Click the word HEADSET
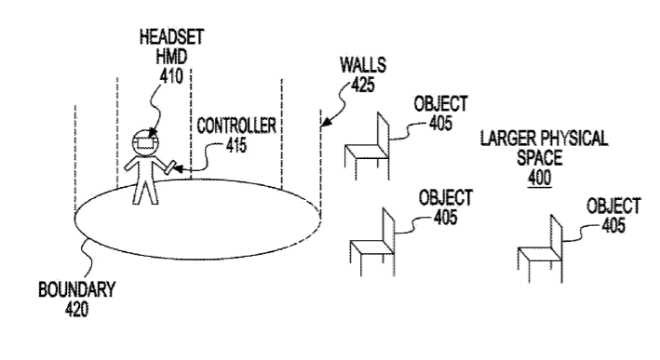click(x=171, y=37)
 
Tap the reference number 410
click(x=171, y=76)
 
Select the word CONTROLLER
click(x=236, y=126)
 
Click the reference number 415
click(x=236, y=145)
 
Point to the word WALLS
click(x=363, y=65)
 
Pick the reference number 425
click(x=362, y=85)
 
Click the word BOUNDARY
click(x=76, y=289)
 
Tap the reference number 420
click(x=76, y=310)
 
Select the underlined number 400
click(x=540, y=178)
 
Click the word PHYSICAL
click(x=574, y=139)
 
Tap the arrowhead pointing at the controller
click(x=178, y=169)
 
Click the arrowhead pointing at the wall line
click(x=326, y=121)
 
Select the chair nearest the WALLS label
click(x=367, y=146)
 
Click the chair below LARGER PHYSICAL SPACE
click(x=540, y=248)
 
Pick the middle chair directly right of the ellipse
click(x=372, y=242)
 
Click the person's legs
click(x=145, y=191)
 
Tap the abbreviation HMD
click(x=171, y=57)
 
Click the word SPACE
click(x=540, y=158)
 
